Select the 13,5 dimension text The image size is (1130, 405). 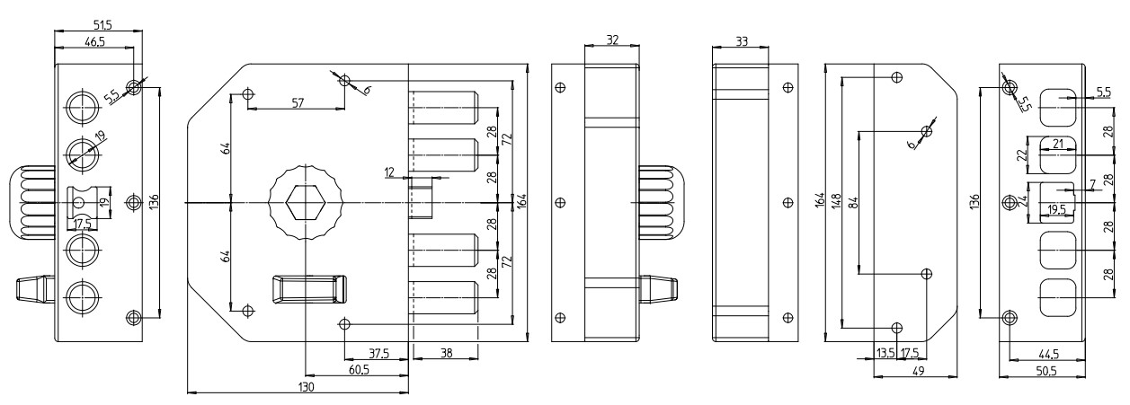coord(885,352)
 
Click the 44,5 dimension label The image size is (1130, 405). coord(1045,354)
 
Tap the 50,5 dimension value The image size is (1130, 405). coord(1045,369)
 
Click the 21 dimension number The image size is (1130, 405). coord(1058,145)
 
